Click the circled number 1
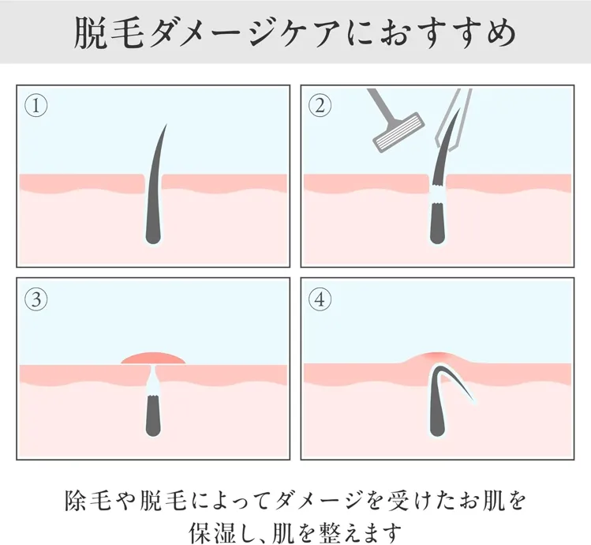point(36,106)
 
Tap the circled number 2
point(320,105)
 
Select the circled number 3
point(36,299)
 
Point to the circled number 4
point(320,299)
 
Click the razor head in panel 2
point(398,132)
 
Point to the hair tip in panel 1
point(166,126)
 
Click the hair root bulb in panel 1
point(153,236)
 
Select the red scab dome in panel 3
point(153,359)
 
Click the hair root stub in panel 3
point(153,415)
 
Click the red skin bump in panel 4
point(437,358)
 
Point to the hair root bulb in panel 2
point(437,236)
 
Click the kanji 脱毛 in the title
point(109,33)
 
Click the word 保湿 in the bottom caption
point(213,532)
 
